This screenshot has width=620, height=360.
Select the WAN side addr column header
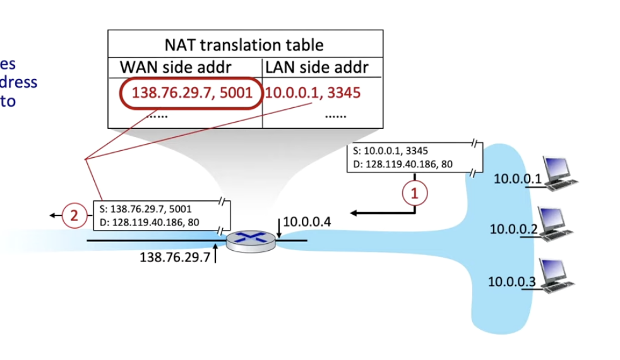click(176, 67)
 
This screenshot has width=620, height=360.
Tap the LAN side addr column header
click(317, 67)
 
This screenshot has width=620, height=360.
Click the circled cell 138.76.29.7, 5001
click(192, 93)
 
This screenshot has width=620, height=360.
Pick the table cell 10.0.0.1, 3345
click(313, 93)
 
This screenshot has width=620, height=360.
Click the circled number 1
click(415, 193)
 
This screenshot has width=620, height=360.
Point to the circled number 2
click(74, 216)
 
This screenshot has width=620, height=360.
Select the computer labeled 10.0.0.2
click(556, 224)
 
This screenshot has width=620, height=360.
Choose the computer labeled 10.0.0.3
click(556, 276)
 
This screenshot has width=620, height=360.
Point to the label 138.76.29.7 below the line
click(174, 258)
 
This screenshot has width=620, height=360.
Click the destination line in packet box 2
click(149, 222)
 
